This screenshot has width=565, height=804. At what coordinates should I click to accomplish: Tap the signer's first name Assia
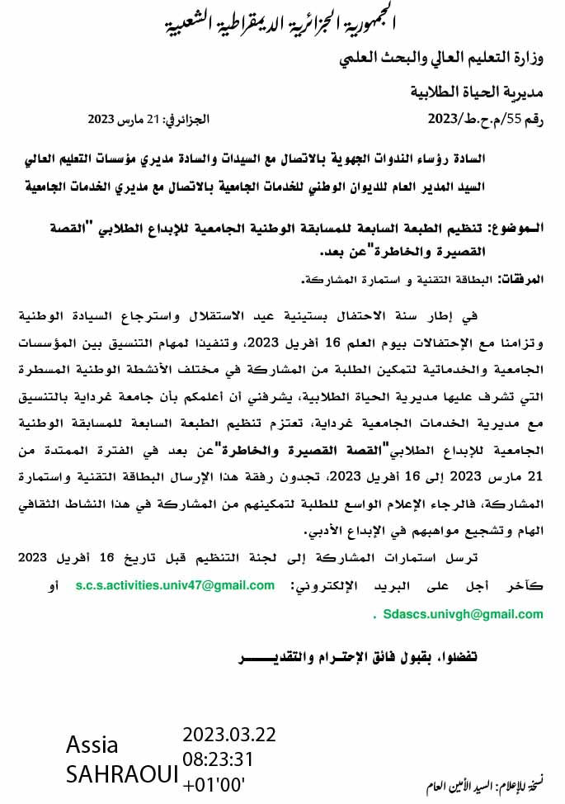92,745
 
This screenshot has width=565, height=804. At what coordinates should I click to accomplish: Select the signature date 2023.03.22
229,735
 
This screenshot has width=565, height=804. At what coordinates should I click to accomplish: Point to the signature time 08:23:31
218,759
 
